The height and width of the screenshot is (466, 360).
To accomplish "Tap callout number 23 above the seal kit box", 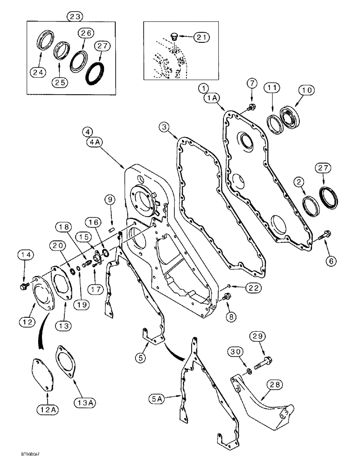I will (75, 16).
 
